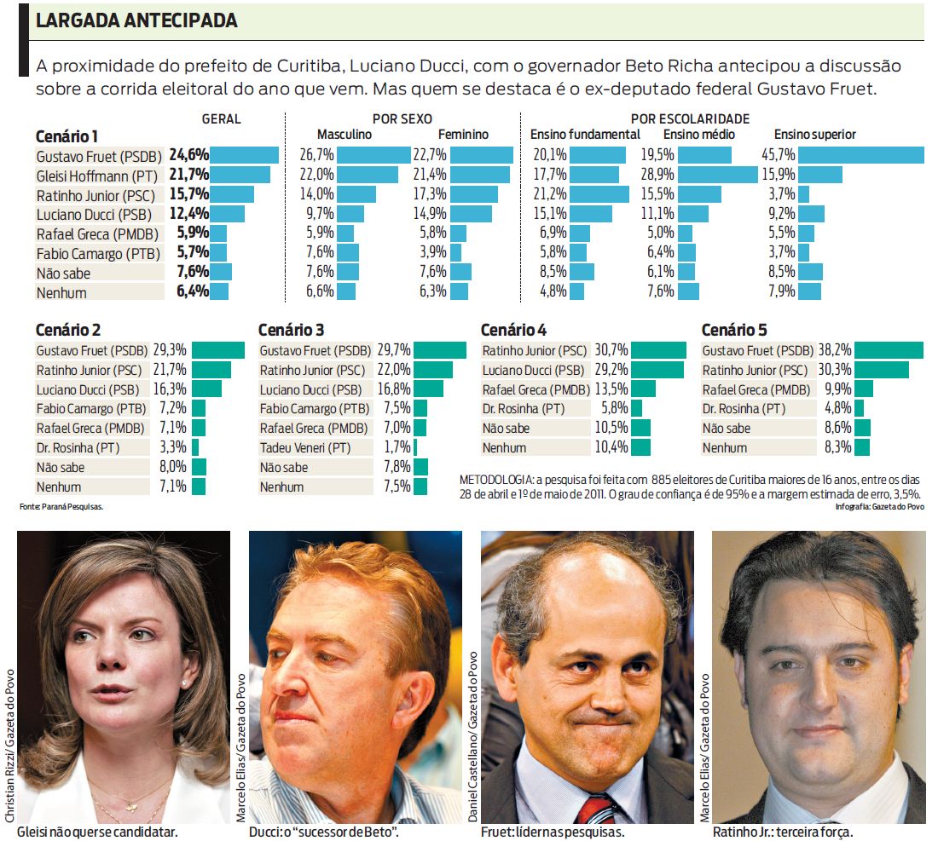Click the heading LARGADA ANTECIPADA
tap(136, 20)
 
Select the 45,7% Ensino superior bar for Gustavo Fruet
tap(861, 154)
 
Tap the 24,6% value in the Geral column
tap(188, 155)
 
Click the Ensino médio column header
tap(698, 135)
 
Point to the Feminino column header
tap(463, 135)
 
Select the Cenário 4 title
tap(513, 330)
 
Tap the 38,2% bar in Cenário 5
tap(889, 350)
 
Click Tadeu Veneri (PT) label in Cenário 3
tap(304, 448)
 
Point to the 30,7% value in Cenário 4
tap(611, 350)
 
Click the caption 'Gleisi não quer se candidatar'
tap(97, 832)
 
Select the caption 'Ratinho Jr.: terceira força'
tap(782, 832)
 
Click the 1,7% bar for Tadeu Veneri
tap(415, 448)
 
